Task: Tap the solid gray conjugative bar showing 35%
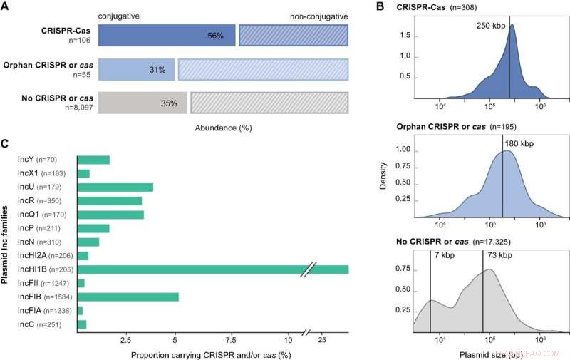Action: tap(142, 103)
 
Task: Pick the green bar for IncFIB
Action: tap(128, 297)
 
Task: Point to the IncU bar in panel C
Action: tap(115, 187)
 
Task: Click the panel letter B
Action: tap(380, 6)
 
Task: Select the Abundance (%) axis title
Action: tap(222, 128)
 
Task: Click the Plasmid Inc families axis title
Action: tap(6, 242)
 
